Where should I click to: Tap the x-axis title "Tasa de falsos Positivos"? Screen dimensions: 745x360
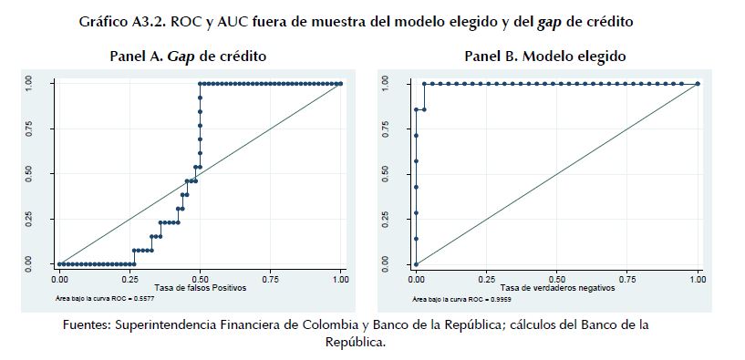tap(201, 288)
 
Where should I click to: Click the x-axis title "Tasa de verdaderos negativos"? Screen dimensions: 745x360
tap(557, 288)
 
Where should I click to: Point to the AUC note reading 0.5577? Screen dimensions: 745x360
tap(105, 299)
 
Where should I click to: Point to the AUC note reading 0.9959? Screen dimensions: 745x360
tap(461, 299)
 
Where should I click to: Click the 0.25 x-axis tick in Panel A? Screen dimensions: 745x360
tap(129, 279)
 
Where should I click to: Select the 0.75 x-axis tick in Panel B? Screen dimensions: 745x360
tap(627, 279)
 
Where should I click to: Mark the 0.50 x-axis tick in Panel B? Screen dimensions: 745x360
tap(557, 279)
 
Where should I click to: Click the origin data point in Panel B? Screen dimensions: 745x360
tap(416, 264)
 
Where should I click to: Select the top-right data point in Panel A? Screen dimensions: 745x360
tap(341, 84)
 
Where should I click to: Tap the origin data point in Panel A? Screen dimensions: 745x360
tap(59, 263)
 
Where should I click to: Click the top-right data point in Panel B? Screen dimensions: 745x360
tap(698, 84)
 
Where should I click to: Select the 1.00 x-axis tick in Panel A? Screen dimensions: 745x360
tap(341, 279)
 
